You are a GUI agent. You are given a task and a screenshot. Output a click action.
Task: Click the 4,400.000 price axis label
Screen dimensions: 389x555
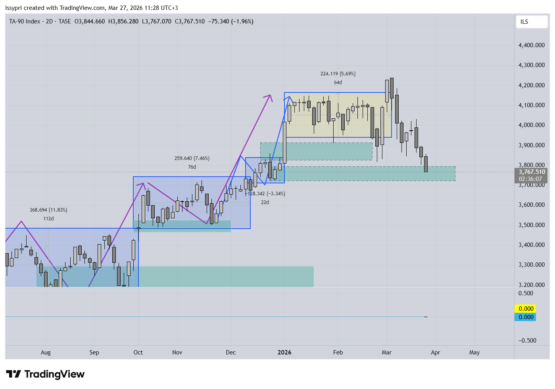(x=531, y=45)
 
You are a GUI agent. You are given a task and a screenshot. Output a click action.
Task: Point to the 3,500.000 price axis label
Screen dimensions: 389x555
(x=531, y=225)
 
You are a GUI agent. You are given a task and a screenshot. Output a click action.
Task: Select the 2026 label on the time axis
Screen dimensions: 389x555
(x=284, y=352)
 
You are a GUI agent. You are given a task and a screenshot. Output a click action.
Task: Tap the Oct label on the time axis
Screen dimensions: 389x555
(x=138, y=352)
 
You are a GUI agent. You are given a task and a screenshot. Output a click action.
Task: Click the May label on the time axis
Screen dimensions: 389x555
(x=474, y=352)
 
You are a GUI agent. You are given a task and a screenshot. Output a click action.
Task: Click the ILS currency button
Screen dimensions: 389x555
(x=531, y=22)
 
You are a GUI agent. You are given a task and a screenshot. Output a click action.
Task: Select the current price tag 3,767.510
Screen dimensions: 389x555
(x=531, y=172)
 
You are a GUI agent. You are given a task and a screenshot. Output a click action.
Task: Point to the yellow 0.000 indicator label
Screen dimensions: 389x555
(x=526, y=309)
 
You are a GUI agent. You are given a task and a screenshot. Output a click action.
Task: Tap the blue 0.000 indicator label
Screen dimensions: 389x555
(x=526, y=317)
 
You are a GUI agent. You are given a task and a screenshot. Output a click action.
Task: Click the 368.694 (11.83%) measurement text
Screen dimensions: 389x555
(x=48, y=210)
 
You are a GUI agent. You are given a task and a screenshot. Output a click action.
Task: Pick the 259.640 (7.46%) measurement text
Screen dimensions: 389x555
(x=192, y=158)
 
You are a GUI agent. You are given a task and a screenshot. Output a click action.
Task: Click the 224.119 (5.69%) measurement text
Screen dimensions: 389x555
(x=338, y=74)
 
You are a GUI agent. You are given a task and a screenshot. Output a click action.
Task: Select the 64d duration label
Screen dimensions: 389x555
(x=338, y=83)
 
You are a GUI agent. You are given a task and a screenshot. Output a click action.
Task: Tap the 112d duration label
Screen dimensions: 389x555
(x=48, y=219)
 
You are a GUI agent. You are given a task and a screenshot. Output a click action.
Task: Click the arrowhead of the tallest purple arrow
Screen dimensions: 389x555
(x=270, y=96)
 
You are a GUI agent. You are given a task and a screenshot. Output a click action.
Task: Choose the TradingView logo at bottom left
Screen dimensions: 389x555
(x=45, y=374)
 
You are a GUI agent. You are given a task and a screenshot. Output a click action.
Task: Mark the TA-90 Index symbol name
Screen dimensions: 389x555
(x=25, y=21)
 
